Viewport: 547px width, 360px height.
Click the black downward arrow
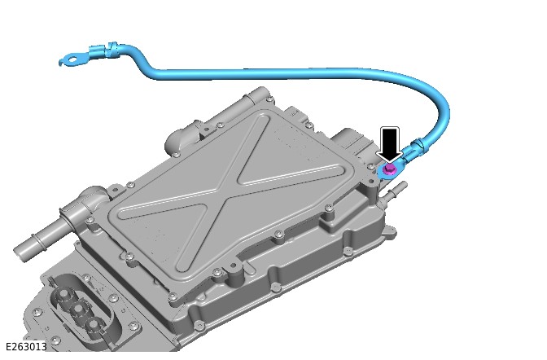[x=389, y=145]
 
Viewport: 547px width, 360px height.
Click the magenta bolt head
[x=389, y=169]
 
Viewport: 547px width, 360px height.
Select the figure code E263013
[x=27, y=347]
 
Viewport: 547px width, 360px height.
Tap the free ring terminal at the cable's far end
[x=72, y=59]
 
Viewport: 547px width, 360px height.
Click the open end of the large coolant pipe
[x=20, y=252]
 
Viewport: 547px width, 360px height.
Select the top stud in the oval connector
[x=63, y=295]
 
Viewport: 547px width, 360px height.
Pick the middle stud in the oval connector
[x=78, y=310]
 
